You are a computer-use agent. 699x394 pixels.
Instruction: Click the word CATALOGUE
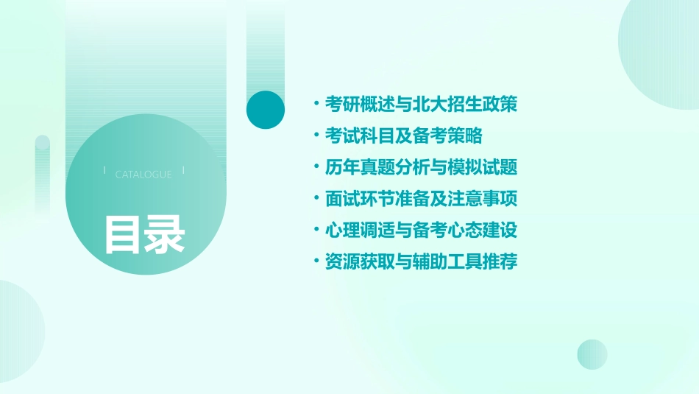pyautogui.click(x=143, y=175)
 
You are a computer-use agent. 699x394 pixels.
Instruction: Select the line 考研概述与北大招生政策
pyautogui.click(x=421, y=105)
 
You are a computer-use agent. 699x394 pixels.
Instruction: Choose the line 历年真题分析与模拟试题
pyautogui.click(x=421, y=168)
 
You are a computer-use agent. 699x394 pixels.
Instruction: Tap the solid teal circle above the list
pyautogui.click(x=266, y=110)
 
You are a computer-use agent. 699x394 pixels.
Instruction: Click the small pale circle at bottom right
pyautogui.click(x=592, y=354)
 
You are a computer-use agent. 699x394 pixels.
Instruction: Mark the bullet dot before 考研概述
pyautogui.click(x=316, y=104)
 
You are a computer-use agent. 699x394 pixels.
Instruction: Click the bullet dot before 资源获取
pyautogui.click(x=316, y=261)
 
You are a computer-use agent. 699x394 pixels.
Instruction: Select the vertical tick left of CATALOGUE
pyautogui.click(x=104, y=172)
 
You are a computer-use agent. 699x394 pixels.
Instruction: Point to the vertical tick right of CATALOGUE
pyautogui.click(x=183, y=172)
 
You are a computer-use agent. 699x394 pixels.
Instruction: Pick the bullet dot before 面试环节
pyautogui.click(x=316, y=199)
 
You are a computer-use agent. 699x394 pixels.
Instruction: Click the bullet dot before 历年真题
pyautogui.click(x=316, y=167)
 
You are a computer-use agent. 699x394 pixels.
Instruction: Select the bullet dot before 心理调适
pyautogui.click(x=316, y=230)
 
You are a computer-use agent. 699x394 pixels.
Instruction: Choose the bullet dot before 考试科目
pyautogui.click(x=316, y=136)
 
